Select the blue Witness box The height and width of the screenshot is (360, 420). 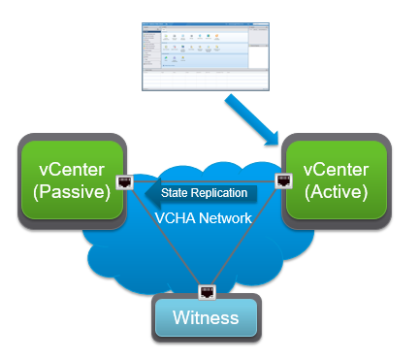(x=206, y=316)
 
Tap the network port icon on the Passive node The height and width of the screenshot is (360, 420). (x=124, y=181)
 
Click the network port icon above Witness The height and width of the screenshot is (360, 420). (x=206, y=290)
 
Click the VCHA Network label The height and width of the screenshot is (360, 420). (x=204, y=218)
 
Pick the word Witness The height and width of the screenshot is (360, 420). (x=206, y=317)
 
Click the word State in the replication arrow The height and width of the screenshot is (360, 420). (x=175, y=193)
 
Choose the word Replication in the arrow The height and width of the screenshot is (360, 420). (x=219, y=193)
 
